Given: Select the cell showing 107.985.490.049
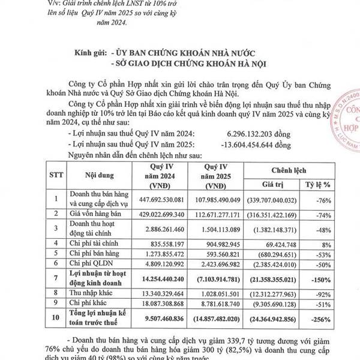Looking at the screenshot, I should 217,200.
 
